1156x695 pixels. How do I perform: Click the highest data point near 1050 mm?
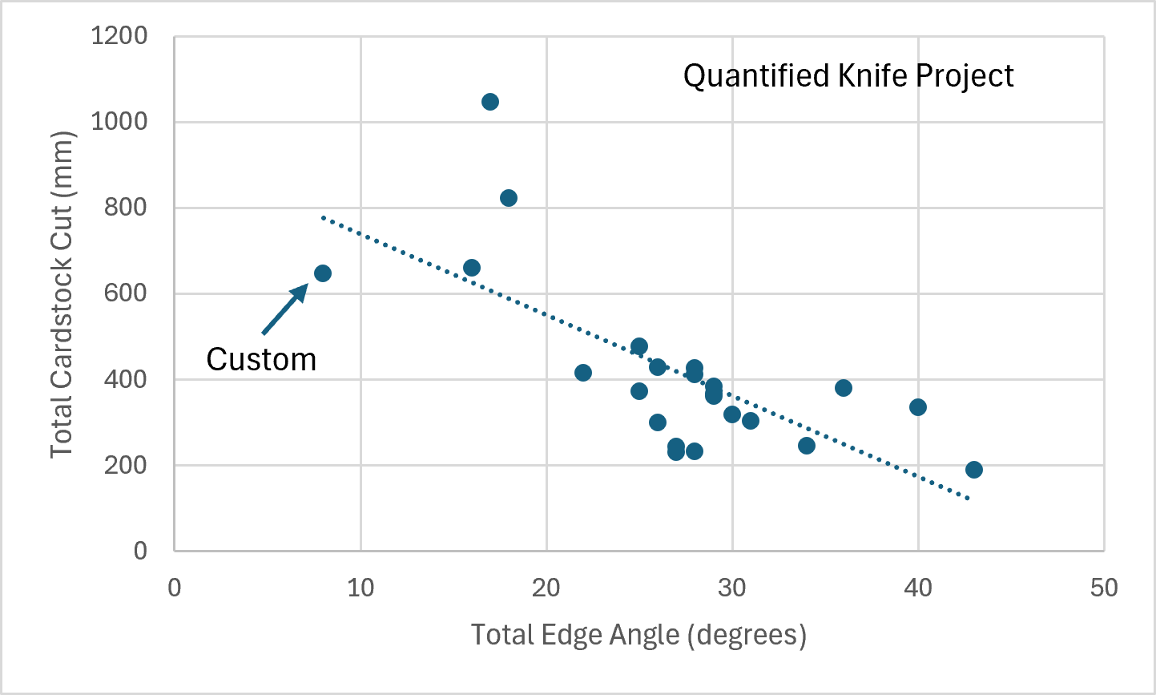[490, 102]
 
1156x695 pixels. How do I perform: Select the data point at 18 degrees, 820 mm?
[509, 198]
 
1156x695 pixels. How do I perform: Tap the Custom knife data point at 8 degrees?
[323, 273]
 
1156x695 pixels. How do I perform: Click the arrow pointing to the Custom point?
[285, 309]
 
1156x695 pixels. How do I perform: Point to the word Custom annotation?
[261, 359]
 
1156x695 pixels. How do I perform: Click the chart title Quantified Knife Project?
[848, 76]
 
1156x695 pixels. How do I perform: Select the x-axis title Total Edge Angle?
[638, 635]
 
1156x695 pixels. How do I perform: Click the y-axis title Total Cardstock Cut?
[62, 294]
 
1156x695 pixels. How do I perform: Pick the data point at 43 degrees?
[974, 470]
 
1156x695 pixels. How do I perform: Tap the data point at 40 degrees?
[918, 407]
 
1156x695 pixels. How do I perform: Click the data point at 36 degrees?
[844, 388]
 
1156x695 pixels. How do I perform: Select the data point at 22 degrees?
[583, 373]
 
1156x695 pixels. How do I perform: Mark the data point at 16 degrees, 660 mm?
[472, 268]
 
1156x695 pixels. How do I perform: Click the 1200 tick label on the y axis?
[119, 36]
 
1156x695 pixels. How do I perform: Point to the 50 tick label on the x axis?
[1104, 588]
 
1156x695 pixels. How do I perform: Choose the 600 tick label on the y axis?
[126, 293]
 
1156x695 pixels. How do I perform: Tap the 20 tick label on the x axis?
[546, 588]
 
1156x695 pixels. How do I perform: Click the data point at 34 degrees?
[807, 446]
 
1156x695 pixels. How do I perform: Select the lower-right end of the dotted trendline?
[969, 499]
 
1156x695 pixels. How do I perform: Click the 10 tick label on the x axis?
[360, 588]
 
